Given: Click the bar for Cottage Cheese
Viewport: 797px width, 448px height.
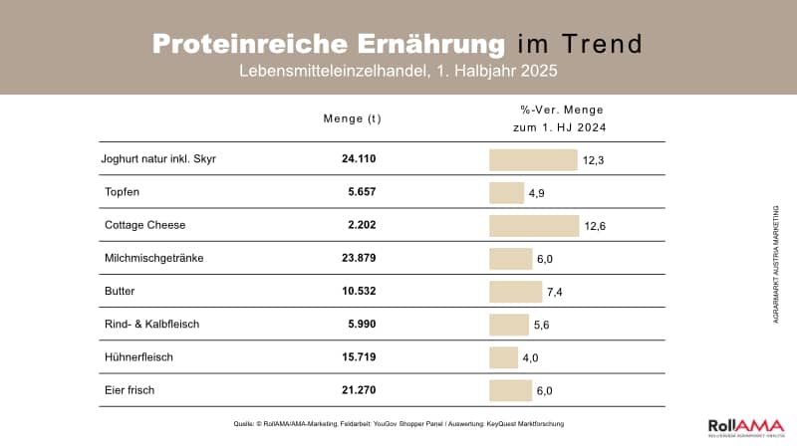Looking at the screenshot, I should point(534,226).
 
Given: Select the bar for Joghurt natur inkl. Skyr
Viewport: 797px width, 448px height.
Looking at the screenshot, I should point(533,160).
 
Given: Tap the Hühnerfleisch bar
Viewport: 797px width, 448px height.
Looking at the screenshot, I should point(505,357).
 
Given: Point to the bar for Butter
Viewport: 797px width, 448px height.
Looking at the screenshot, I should point(515,292).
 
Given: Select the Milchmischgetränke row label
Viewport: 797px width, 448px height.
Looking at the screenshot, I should point(153,259).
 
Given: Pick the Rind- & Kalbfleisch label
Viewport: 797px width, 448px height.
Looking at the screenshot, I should point(152,325).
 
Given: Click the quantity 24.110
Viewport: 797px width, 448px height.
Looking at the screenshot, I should point(360,159).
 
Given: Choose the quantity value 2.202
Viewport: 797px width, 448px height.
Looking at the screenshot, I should point(363,225).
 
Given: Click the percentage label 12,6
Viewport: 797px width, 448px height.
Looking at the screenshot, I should point(596,227).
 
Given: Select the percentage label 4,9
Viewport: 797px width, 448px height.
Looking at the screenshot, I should point(535,193).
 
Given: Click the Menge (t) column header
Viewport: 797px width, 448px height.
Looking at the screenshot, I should point(353,118).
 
